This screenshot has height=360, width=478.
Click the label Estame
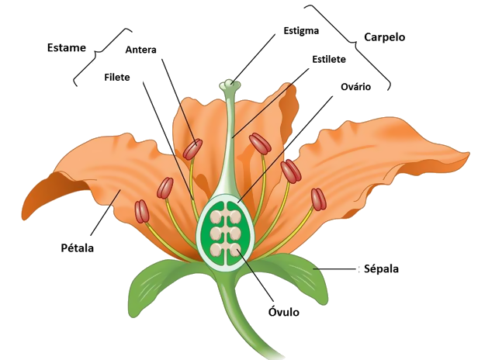(x=67, y=47)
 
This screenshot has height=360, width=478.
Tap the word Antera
(x=141, y=50)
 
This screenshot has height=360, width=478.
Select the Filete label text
(x=116, y=77)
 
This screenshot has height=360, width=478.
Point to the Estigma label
(x=301, y=31)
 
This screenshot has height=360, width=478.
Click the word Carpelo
(x=385, y=37)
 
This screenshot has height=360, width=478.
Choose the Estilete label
(x=329, y=59)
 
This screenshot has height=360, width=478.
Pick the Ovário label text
(x=355, y=87)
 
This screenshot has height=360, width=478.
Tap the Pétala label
(x=77, y=247)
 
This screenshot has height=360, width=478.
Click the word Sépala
(x=381, y=269)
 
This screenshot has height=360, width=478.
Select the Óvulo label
(x=284, y=312)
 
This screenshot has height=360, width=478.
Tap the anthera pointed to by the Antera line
(x=192, y=149)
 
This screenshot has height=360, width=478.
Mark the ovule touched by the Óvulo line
(x=235, y=249)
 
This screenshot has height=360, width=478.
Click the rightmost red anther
(x=319, y=199)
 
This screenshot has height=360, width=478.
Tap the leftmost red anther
(x=142, y=211)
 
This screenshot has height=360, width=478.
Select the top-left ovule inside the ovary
(x=216, y=216)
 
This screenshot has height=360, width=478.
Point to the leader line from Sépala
(x=334, y=269)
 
